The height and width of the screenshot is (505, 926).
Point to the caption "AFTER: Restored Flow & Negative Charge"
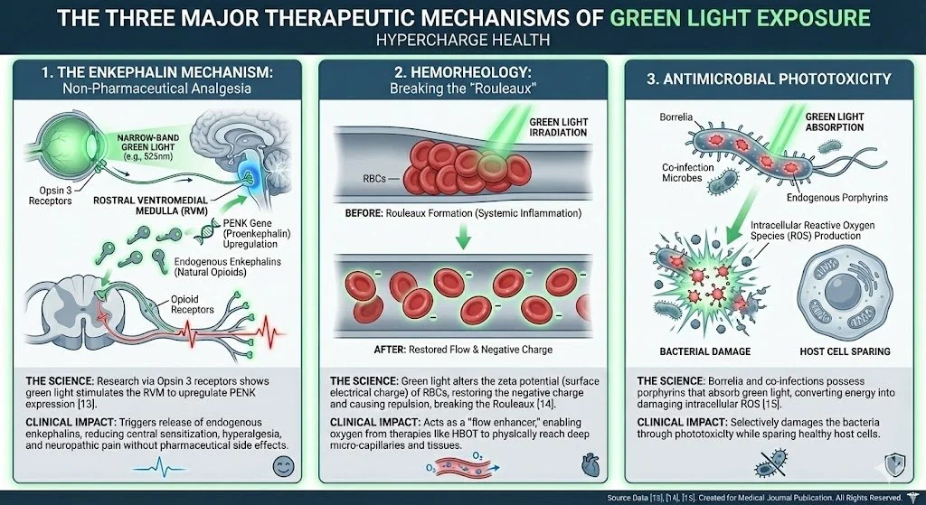click(x=461, y=350)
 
